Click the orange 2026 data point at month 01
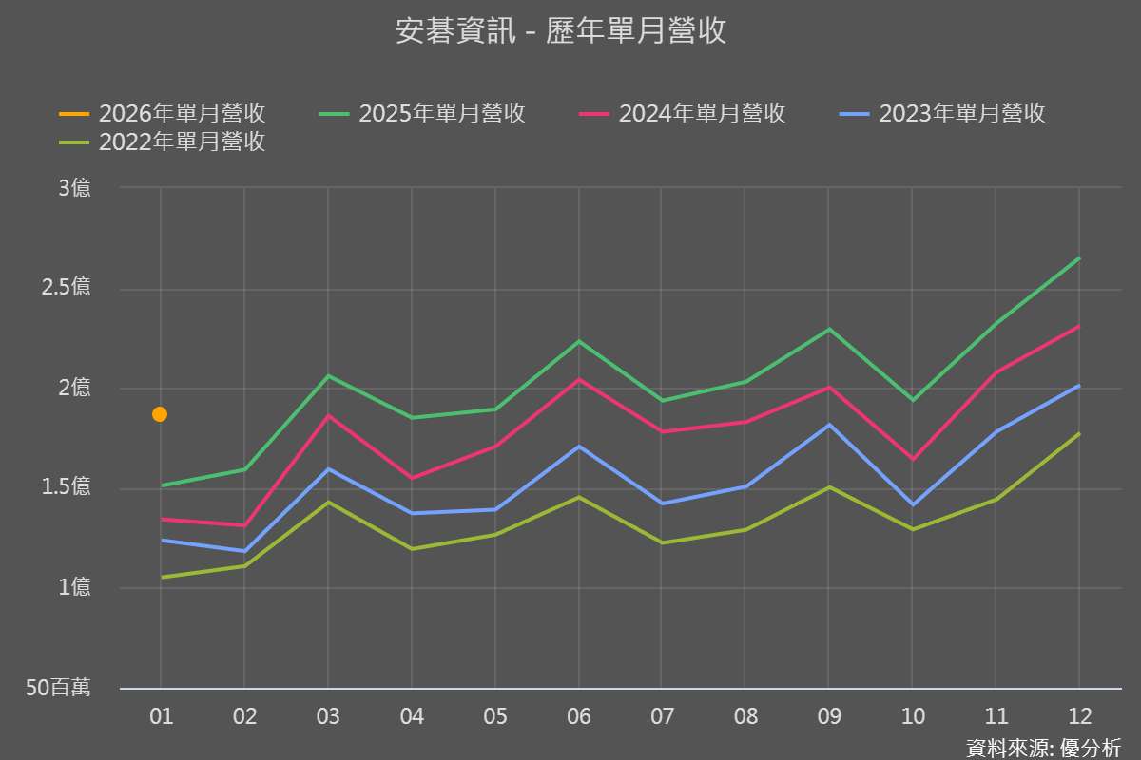click(160, 414)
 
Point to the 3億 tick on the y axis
click(74, 188)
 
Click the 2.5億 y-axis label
click(67, 288)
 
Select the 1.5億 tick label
click(67, 488)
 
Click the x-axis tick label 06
click(578, 716)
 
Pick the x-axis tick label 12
click(1079, 716)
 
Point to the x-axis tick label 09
click(828, 716)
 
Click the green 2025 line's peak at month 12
click(1079, 258)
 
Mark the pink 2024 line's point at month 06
click(578, 379)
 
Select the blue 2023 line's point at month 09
click(828, 425)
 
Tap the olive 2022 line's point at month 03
click(328, 502)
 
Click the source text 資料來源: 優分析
click(1043, 748)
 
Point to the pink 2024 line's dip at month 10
click(912, 460)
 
